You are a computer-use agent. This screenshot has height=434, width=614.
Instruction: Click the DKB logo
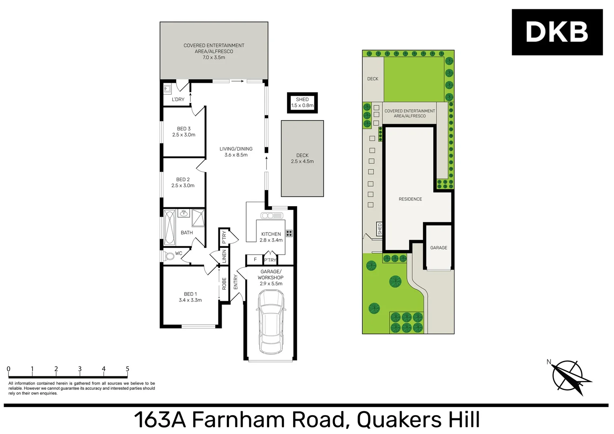(557, 32)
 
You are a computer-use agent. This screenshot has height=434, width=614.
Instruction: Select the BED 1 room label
(190, 297)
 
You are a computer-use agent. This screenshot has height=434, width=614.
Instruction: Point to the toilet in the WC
(169, 256)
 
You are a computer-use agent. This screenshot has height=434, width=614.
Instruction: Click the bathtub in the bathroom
(169, 227)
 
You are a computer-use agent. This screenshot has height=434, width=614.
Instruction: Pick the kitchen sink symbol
(272, 216)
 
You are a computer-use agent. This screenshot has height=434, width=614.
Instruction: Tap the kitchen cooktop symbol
(289, 233)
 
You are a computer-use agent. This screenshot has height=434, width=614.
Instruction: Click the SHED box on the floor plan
(302, 102)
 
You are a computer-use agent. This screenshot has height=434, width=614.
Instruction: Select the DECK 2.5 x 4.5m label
(302, 158)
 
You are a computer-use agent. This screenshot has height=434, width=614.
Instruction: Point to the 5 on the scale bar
(127, 369)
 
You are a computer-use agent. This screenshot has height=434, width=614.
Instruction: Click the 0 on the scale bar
(8, 369)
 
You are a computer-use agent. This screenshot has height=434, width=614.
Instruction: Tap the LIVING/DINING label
(236, 152)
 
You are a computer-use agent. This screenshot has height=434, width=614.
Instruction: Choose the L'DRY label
(178, 99)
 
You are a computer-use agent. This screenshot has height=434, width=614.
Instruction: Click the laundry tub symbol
(167, 88)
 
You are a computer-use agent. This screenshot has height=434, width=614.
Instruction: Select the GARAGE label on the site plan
(439, 248)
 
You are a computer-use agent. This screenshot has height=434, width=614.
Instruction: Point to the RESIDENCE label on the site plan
(410, 199)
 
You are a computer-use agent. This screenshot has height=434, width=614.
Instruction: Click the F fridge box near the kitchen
(255, 260)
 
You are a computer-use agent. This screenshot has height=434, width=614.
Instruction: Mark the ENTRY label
(236, 282)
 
